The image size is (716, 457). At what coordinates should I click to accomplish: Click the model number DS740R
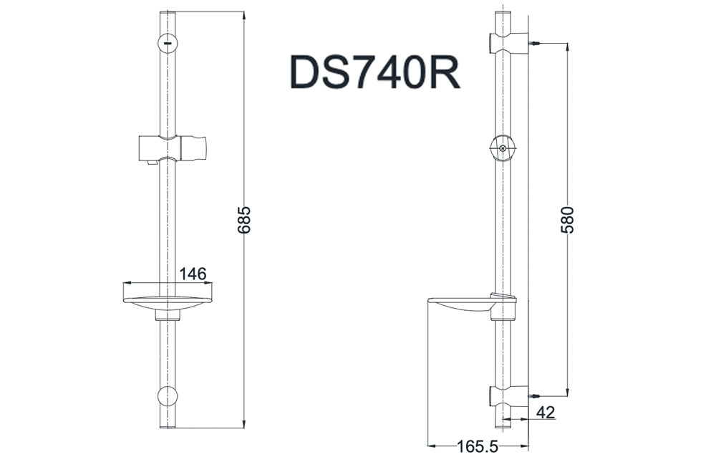375,72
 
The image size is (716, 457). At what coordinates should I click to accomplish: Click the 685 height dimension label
244,221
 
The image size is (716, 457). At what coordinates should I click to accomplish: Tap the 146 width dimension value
192,274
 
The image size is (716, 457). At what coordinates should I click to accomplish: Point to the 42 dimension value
546,412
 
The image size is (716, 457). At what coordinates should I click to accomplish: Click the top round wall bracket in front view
167,44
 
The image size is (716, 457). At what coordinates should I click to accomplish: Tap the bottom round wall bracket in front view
167,396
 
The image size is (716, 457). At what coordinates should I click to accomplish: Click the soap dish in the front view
168,299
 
